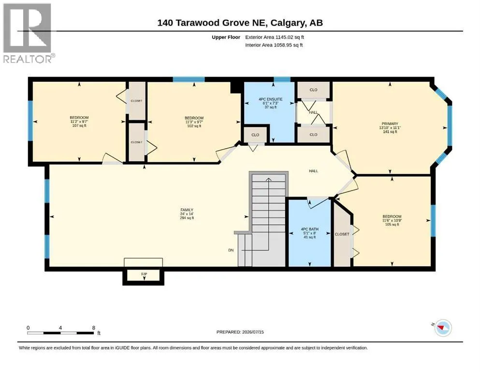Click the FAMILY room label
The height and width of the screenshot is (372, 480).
tap(187, 210)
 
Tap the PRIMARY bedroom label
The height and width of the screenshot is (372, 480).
tap(390, 124)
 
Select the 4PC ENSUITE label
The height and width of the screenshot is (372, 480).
tap(270, 99)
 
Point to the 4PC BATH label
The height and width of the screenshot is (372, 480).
tap(309, 229)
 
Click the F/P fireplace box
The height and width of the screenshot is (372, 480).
tap(143, 276)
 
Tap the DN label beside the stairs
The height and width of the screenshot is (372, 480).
tap(231, 250)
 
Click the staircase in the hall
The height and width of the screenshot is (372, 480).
tap(266, 219)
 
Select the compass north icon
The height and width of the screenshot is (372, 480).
tap(443, 328)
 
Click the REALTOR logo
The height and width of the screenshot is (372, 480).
tap(29, 33)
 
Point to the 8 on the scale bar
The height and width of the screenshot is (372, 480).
tap(94, 327)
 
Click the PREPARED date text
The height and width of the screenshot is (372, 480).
tap(240, 332)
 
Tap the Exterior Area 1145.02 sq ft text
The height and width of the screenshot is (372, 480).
tap(275, 37)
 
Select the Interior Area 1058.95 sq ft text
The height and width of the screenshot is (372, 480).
tap(274, 45)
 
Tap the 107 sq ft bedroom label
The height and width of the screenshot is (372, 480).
tap(79, 125)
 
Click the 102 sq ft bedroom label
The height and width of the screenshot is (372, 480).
tap(194, 126)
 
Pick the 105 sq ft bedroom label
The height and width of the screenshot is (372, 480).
tap(392, 224)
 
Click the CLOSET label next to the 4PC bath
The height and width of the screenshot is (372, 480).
tap(342, 234)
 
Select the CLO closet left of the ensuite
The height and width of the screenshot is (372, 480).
tap(255, 135)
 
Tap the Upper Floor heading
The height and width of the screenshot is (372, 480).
tap(226, 37)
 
